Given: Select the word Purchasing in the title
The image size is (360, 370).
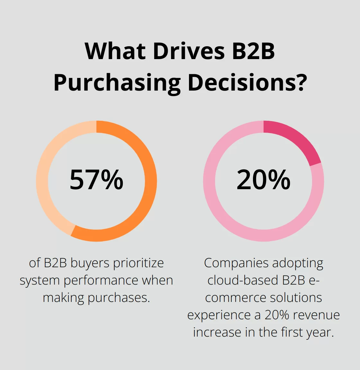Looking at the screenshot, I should (x=117, y=83).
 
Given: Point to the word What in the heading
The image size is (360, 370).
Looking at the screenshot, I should (x=116, y=51).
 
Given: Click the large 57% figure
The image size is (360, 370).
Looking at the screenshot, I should (x=96, y=180).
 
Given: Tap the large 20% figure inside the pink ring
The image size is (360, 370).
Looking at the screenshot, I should (x=264, y=180).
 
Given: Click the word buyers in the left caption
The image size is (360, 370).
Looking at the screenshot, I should (x=90, y=263).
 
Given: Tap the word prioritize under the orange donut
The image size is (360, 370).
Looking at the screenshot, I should (x=139, y=263).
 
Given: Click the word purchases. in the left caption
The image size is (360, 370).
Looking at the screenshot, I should (x=119, y=298).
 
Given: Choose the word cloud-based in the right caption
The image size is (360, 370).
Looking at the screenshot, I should (x=243, y=281).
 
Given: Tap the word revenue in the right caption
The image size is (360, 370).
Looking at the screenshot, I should (x=316, y=315).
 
